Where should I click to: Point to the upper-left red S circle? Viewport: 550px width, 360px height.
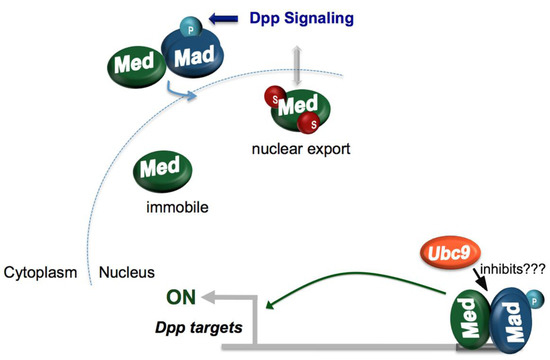[x=267, y=97]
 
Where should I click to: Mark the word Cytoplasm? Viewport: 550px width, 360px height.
[x=43, y=272]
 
